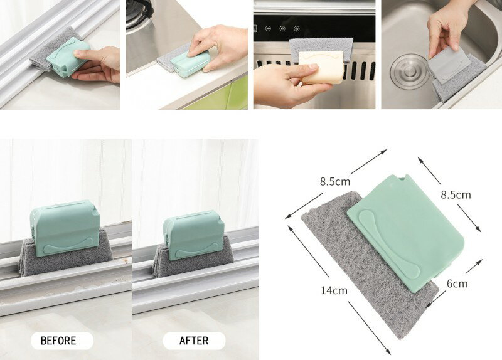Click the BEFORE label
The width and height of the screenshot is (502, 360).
(x=58, y=341)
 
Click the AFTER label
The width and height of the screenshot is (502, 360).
(x=194, y=341)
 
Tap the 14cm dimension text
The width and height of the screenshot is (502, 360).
(x=334, y=290)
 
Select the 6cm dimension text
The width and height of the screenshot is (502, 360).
(x=457, y=283)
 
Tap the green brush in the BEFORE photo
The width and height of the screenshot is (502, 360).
(x=65, y=228)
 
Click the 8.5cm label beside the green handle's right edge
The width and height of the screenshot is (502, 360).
(x=456, y=194)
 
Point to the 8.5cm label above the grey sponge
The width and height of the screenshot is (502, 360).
(x=335, y=181)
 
